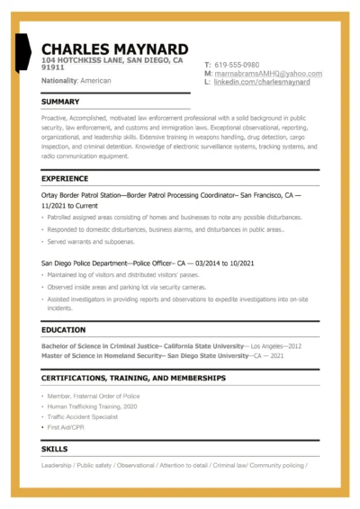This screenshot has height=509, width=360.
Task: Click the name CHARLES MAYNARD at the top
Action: tap(115, 49)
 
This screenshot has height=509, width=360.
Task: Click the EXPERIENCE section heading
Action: tap(65, 179)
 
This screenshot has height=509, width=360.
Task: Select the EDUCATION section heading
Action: tap(63, 330)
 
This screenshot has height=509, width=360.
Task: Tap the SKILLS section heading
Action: tap(54, 449)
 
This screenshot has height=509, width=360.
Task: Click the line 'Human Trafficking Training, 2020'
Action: tap(94, 406)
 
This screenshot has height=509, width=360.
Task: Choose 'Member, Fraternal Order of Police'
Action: tap(96, 397)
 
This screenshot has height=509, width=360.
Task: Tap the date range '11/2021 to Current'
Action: tap(69, 205)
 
